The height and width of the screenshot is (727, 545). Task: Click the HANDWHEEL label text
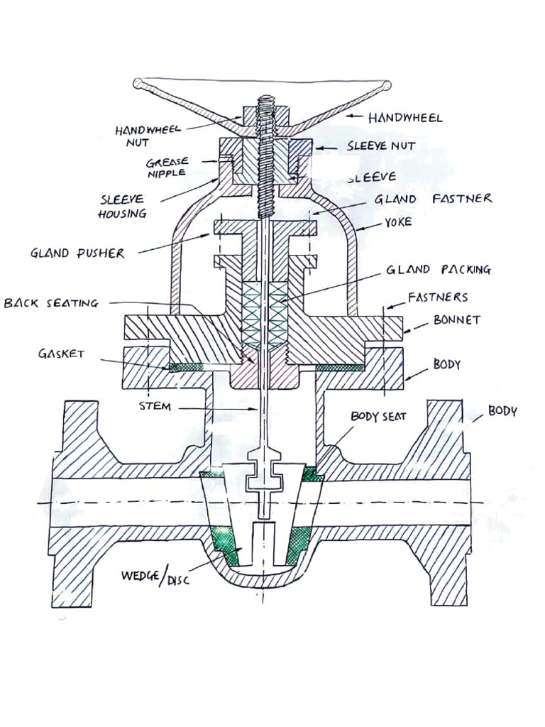tap(404, 118)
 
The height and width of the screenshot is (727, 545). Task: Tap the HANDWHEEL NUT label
tap(148, 136)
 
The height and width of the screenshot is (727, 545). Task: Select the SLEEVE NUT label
tap(381, 147)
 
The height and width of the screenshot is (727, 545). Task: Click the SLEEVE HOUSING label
tap(123, 206)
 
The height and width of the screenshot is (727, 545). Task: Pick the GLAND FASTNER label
tap(433, 199)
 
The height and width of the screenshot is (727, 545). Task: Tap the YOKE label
tap(398, 222)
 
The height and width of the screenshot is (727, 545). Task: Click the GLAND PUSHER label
tap(77, 253)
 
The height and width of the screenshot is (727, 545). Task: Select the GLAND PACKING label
tap(438, 270)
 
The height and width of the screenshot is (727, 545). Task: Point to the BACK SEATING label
tap(51, 303)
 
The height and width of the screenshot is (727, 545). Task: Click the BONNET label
tap(456, 320)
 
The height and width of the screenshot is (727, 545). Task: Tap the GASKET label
tap(61, 354)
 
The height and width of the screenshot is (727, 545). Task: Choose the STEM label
tap(155, 407)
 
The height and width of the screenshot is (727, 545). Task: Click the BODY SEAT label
tap(378, 417)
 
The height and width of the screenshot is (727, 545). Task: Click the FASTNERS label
tap(437, 297)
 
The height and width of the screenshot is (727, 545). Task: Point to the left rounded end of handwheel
tap(138, 83)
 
